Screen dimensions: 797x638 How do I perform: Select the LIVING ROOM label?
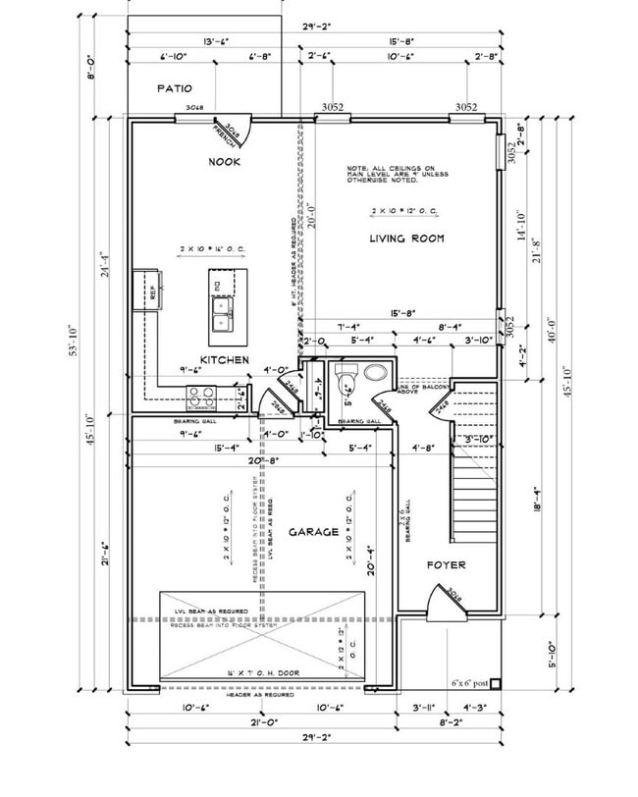[406, 239]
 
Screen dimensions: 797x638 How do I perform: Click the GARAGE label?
[313, 532]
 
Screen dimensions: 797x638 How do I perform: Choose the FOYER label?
[445, 565]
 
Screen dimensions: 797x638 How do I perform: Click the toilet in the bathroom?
[344, 378]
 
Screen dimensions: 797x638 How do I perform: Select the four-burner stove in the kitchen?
[201, 396]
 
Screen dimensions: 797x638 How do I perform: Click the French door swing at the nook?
[232, 133]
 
